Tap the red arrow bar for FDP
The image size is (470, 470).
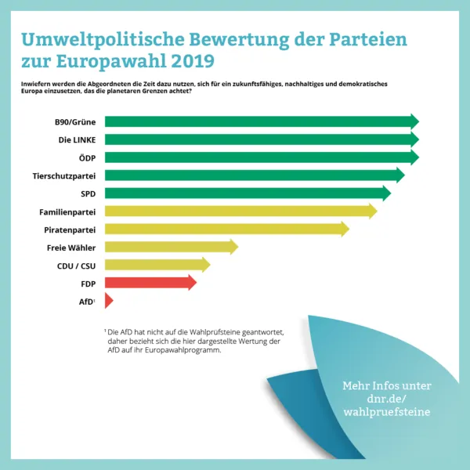click(150, 283)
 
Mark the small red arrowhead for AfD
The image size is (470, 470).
click(109, 301)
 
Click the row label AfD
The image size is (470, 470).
click(87, 301)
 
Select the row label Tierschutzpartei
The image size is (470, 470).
click(65, 175)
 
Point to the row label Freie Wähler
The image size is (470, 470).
click(71, 248)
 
